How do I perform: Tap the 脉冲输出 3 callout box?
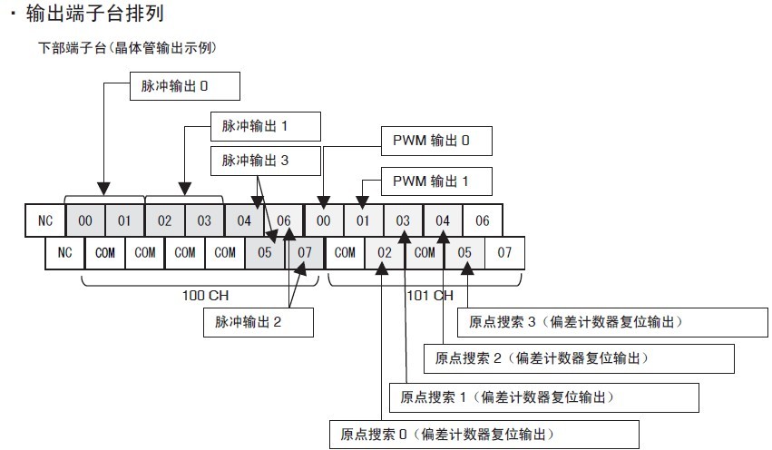tap(266, 161)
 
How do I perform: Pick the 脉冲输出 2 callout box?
tap(259, 322)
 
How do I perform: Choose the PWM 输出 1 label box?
tap(436, 181)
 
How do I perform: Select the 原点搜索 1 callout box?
tap(544, 397)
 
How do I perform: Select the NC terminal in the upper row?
tap(44, 220)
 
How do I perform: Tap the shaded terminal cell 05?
tap(265, 253)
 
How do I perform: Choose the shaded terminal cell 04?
tap(244, 220)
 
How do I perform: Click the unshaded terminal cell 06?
tap(483, 220)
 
